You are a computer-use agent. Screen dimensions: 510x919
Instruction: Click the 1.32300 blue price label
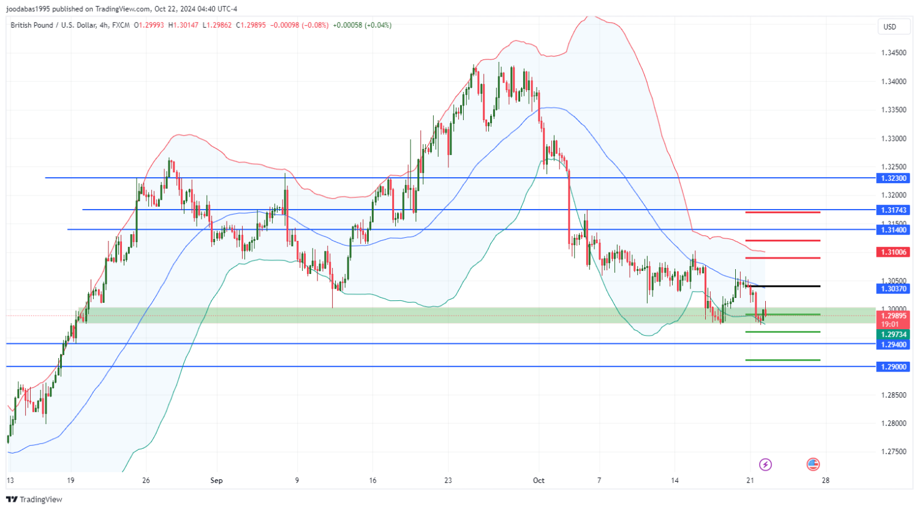894,178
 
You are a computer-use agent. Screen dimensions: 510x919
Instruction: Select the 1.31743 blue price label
894,210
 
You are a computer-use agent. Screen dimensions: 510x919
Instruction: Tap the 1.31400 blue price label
894,230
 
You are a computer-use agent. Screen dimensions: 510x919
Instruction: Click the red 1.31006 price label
894,252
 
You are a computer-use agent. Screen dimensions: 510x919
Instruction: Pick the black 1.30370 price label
894,289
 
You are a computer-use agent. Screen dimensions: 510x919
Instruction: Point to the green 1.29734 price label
894,335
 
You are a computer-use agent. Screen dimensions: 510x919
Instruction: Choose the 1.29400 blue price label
894,344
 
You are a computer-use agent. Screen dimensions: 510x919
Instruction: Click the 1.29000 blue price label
894,367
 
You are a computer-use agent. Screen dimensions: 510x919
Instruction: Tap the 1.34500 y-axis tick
894,53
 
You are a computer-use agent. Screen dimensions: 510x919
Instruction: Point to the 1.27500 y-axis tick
894,452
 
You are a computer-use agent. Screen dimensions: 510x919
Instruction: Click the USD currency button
890,26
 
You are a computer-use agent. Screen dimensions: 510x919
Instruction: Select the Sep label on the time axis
216,481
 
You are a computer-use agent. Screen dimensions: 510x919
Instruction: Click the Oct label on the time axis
539,481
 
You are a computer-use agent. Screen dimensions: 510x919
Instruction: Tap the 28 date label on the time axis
825,481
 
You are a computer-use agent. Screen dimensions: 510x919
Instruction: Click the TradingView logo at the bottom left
34,500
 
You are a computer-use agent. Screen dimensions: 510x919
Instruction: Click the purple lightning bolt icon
765,465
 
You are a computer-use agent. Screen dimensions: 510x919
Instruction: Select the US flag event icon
813,465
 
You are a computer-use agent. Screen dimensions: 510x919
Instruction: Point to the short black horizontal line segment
782,286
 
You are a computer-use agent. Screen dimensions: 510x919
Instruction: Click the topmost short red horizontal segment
782,213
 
